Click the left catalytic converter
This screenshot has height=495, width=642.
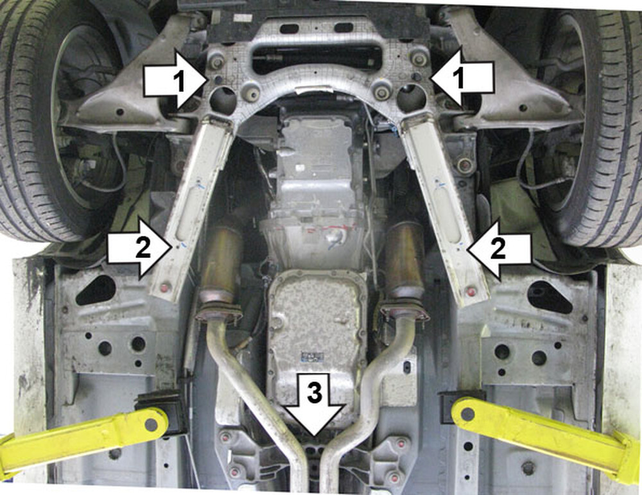pos(221,262)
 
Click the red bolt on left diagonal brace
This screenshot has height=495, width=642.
pos(166,287)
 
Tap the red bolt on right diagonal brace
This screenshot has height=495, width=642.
pos(471,292)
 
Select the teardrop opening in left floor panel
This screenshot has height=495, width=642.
pos(96,290)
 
